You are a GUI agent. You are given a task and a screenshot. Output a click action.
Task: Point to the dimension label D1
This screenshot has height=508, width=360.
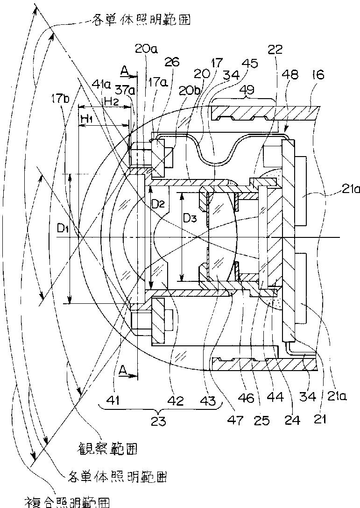click(63, 229)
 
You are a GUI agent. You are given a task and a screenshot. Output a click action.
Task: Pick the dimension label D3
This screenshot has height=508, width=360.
click(190, 218)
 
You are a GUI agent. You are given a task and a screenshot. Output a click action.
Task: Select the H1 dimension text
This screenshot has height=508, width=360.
click(87, 120)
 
